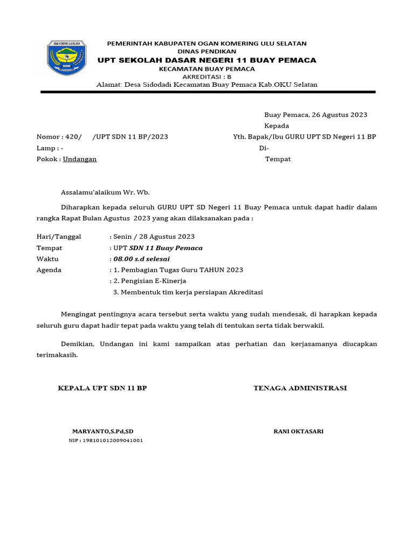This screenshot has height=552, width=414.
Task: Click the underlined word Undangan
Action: pyautogui.click(x=80, y=159)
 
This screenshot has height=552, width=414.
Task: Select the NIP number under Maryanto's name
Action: pyautogui.click(x=106, y=440)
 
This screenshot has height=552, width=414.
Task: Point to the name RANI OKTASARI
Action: pyautogui.click(x=299, y=431)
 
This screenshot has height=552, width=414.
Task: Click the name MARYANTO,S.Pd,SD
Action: pyautogui.click(x=102, y=431)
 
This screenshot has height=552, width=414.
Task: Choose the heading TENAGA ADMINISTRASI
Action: pyautogui.click(x=300, y=388)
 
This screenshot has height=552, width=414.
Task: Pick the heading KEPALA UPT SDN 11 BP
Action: pyautogui.click(x=102, y=388)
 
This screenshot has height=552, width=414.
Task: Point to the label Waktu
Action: pyautogui.click(x=47, y=259)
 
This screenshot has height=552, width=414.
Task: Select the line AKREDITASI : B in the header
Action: pyautogui.click(x=207, y=77)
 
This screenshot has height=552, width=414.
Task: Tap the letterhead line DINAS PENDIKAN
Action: pyautogui.click(x=207, y=51)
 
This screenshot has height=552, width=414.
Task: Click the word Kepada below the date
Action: pyautogui.click(x=277, y=126)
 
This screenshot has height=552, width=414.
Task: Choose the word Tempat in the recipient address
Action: pyautogui.click(x=278, y=159)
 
